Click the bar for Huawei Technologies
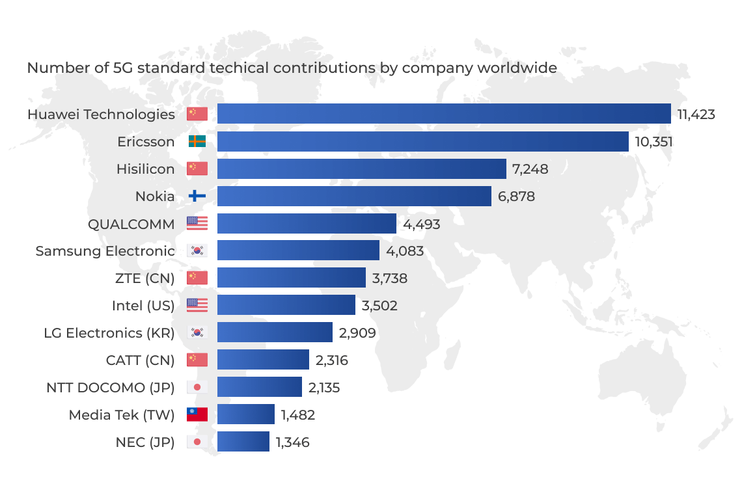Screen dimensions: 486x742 pos(444,114)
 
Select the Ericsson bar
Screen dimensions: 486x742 pos(422,142)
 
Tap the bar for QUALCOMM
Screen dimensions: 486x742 pos(307,224)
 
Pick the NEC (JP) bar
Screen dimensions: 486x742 pos(243,442)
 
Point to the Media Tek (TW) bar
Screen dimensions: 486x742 pos(246,414)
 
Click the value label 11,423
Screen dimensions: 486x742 pos(696,115)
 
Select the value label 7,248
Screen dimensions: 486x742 pos(530,169)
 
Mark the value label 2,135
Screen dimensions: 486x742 pos(324,388)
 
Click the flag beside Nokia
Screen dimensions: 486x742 pos(197,196)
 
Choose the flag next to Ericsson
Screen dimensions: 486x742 pos(197,142)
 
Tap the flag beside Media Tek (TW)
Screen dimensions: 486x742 pos(197,414)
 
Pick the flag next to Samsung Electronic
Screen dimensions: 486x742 pos(197,251)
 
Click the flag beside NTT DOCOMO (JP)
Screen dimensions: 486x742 pos(197,388)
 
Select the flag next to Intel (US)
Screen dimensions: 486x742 pos(197,305)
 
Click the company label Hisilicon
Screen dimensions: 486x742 pos(145,169)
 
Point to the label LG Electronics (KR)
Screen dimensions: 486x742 pos(109,333)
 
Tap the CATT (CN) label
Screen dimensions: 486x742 pos(140,360)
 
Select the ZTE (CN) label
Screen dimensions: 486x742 pos(144,278)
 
